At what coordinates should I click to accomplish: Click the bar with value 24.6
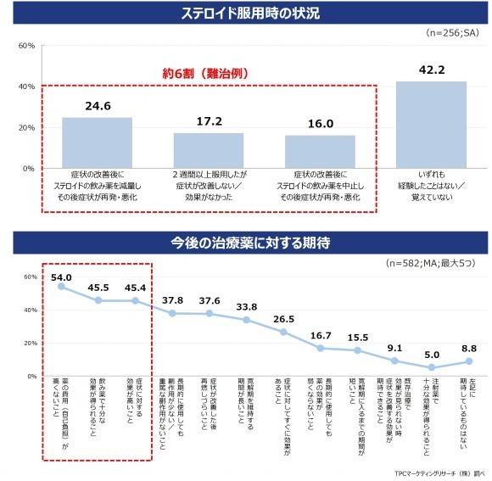click(97, 143)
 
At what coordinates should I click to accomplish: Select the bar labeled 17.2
click(208, 150)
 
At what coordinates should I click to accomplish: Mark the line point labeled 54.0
click(61, 286)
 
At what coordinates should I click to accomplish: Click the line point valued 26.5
click(283, 332)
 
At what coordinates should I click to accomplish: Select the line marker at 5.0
click(432, 367)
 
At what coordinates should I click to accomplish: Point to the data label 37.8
click(172, 300)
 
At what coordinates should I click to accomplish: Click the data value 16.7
click(321, 335)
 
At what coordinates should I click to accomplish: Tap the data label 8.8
click(468, 349)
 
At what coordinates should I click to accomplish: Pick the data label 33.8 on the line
click(247, 307)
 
